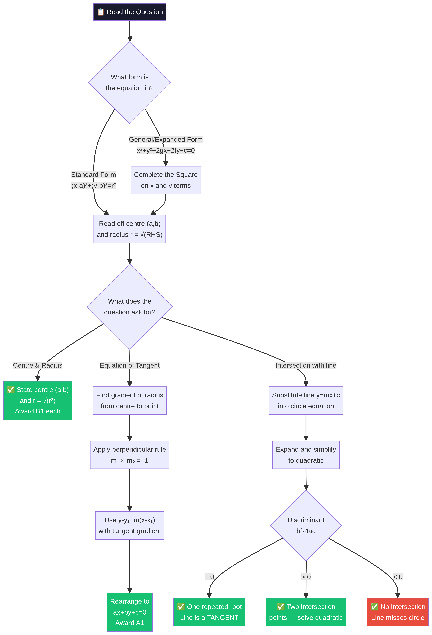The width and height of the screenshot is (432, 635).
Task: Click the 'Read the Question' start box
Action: click(130, 12)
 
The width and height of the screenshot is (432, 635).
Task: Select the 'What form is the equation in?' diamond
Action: click(130, 82)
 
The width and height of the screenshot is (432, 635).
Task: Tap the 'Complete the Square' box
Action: click(166, 180)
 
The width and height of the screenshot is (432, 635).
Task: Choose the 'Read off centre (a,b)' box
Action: click(130, 229)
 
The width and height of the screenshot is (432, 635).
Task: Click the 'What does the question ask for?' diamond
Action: click(130, 307)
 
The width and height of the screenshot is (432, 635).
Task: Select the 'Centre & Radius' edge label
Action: click(38, 365)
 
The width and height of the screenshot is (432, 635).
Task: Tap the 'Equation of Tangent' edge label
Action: click(130, 365)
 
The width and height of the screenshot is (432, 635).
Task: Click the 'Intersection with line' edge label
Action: click(306, 365)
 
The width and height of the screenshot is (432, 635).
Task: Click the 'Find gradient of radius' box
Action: click(130, 401)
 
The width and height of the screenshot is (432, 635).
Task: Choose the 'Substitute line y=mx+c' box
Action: click(306, 401)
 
